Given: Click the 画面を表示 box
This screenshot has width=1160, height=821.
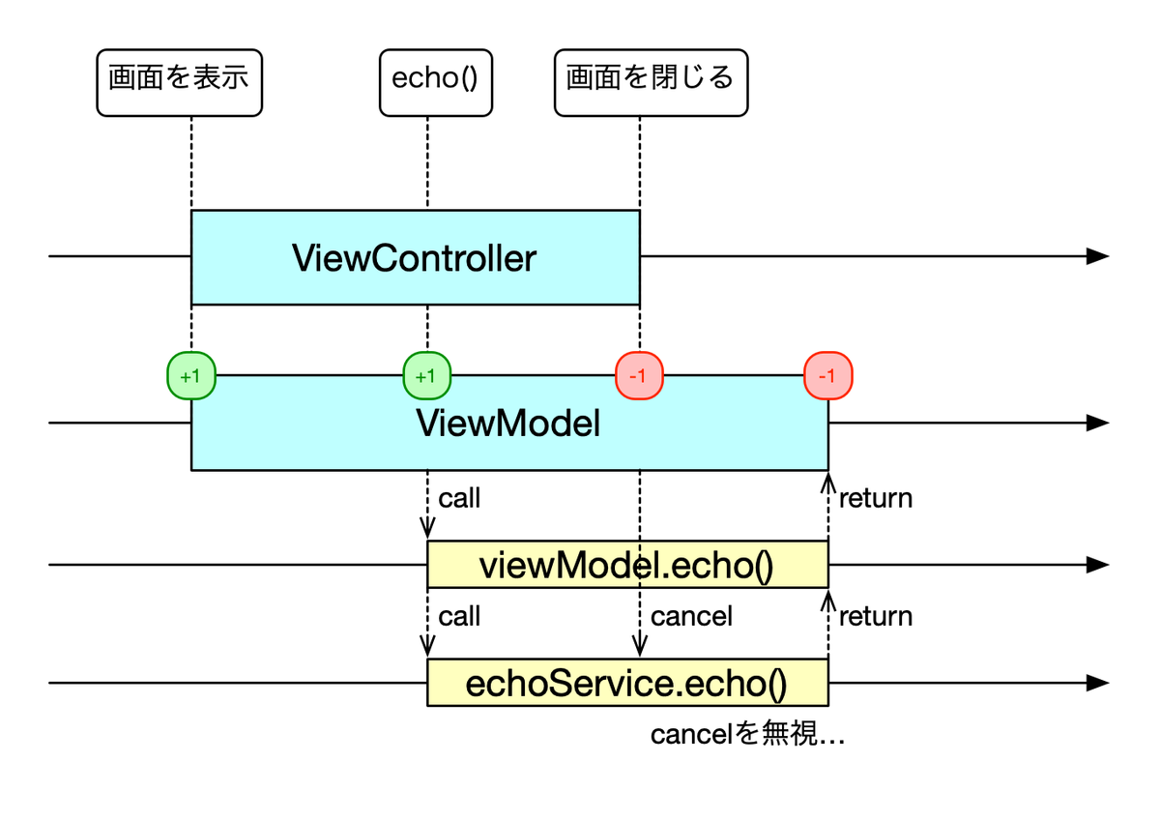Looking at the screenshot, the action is pyautogui.click(x=179, y=83).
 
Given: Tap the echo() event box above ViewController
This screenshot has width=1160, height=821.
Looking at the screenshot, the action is pyautogui.click(x=436, y=83).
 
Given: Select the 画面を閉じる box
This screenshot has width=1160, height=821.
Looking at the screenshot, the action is pyautogui.click(x=651, y=83).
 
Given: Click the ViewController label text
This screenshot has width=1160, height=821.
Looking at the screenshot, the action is pyautogui.click(x=415, y=258).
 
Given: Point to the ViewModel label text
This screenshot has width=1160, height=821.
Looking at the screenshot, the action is pyautogui.click(x=508, y=424).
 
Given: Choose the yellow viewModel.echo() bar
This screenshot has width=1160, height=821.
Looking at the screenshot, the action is pyautogui.click(x=627, y=565).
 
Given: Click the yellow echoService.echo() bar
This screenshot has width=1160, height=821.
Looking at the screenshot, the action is pyautogui.click(x=627, y=683).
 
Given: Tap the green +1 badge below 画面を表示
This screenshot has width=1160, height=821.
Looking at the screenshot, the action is pyautogui.click(x=191, y=375).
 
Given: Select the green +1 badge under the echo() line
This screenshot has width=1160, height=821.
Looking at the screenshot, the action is pyautogui.click(x=427, y=375).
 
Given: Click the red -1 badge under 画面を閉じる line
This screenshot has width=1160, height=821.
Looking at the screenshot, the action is pyautogui.click(x=639, y=375).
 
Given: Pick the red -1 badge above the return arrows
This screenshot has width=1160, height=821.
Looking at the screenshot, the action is pyautogui.click(x=828, y=375).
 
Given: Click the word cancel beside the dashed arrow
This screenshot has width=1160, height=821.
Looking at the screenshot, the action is pyautogui.click(x=691, y=616).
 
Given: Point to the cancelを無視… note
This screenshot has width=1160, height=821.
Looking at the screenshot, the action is pyautogui.click(x=747, y=734).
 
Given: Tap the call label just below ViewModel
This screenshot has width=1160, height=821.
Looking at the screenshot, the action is pyautogui.click(x=459, y=498).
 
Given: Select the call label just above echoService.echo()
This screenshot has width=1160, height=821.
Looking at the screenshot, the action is pyautogui.click(x=459, y=616).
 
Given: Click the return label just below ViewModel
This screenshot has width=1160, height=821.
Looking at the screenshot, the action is pyautogui.click(x=876, y=498).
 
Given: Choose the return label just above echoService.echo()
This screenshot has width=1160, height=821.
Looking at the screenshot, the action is pyautogui.click(x=876, y=616).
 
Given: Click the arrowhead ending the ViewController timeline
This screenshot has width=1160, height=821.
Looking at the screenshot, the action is pyautogui.click(x=1098, y=256).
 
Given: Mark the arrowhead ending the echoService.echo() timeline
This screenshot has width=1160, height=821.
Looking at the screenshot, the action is pyautogui.click(x=1098, y=683).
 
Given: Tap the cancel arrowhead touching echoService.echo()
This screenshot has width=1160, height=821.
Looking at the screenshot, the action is pyautogui.click(x=640, y=650).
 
